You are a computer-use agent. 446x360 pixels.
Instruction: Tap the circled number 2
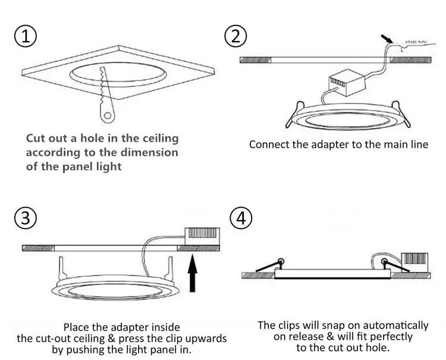[x=235, y=36]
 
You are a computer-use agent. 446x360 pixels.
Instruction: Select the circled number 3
[x=24, y=218]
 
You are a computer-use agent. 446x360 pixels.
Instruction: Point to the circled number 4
[x=240, y=218]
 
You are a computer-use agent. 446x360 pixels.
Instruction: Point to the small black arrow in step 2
[x=387, y=38]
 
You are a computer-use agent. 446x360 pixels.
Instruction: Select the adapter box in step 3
[x=202, y=234]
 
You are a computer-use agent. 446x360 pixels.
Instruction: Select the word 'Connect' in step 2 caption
[x=269, y=144]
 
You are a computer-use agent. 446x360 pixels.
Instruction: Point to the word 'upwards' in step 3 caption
[x=206, y=339]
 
